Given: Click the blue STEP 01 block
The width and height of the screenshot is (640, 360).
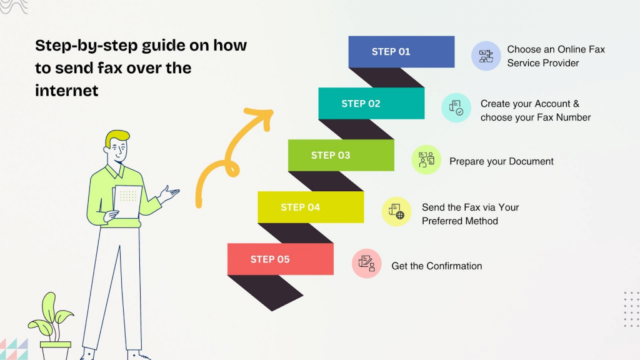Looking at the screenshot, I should click(401, 52).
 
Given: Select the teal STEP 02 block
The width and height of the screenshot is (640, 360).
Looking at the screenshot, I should click(371, 104).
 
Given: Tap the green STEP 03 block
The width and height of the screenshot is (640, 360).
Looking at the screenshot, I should click(341, 156).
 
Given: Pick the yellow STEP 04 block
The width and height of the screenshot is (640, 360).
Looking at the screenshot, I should click(310, 207).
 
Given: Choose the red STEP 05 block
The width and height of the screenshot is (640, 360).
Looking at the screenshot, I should click(280, 259).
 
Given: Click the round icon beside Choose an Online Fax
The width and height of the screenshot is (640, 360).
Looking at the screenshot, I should click(486, 56).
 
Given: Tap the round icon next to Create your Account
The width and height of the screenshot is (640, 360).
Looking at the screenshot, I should click(456, 107).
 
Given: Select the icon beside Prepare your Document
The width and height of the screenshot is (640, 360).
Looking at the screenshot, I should click(426, 159).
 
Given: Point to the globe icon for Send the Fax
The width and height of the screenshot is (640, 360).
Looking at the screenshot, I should click(396, 211).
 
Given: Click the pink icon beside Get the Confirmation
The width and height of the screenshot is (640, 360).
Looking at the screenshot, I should click(366, 263).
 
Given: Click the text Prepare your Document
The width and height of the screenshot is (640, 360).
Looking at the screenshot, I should click(501, 161).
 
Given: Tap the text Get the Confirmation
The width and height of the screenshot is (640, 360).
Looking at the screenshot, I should click(436, 266).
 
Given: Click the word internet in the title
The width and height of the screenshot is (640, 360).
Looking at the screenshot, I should click(67, 91).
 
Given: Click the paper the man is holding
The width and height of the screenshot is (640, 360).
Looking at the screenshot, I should click(127, 201).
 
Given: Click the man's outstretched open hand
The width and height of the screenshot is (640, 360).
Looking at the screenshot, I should click(169, 193).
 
